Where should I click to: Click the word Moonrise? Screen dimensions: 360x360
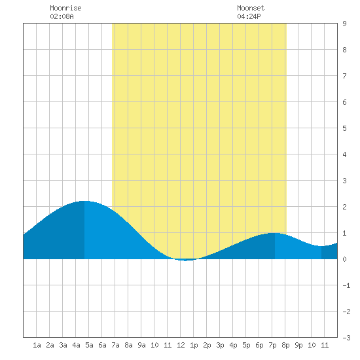coord(65,8)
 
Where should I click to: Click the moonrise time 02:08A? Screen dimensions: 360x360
coord(62,16)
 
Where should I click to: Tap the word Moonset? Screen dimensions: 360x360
coord(251,8)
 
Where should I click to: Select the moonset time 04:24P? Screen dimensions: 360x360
coord(249,16)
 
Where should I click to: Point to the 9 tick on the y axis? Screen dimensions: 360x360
coord(344,24)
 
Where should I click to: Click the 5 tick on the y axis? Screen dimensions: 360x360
coord(344,128)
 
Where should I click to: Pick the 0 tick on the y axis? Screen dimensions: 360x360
coord(344,259)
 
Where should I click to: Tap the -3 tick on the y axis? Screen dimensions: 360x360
coord(346,338)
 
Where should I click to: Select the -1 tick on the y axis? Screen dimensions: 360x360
coord(346,285)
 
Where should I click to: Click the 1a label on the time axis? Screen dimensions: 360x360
coord(37,345)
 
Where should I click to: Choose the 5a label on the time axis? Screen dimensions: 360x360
coord(89,345)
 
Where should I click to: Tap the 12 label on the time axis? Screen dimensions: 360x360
coord(181,345)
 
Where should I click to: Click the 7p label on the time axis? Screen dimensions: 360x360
coord(272,345)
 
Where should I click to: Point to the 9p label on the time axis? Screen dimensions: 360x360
coord(298,345)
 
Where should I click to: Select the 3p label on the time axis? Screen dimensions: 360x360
coord(220,345)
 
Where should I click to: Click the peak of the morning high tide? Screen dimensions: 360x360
coord(84,201)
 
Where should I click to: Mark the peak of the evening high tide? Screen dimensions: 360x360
coord(275,233)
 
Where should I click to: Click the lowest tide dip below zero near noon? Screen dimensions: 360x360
coord(185,261)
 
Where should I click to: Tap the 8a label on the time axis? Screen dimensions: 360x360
coord(128,345)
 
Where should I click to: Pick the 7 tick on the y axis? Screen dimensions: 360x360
coord(344,76)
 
